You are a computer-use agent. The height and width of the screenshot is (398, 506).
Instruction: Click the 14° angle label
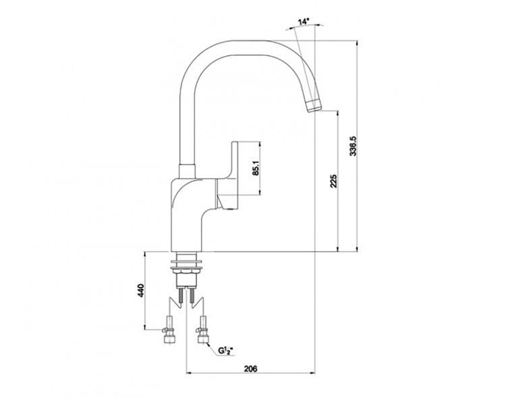pyautogui.click(x=303, y=22)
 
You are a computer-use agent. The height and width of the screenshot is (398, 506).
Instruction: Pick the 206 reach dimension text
pyautogui.click(x=250, y=368)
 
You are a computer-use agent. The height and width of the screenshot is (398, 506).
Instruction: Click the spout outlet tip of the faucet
pyautogui.click(x=314, y=105)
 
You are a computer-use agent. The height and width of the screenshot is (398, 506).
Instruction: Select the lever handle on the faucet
pyautogui.click(x=231, y=176)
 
